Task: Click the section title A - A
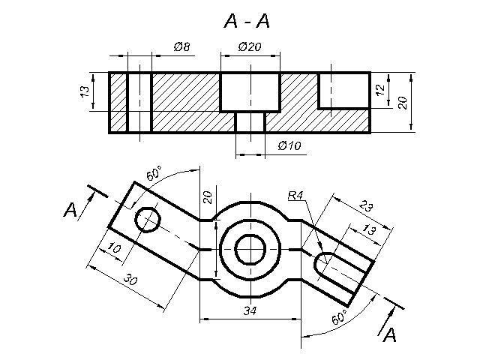pos(247,21)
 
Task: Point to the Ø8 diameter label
pos(181,46)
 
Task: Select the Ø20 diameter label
pos(250,46)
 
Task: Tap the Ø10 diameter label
pos(289,145)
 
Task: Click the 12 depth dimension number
pos(380,90)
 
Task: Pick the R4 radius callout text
pos(295,195)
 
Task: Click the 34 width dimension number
pos(250,311)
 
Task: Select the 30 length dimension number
pos(130,280)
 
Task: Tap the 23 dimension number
pos(365,205)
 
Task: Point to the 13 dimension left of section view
pos(85,91)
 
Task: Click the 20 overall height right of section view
pos(403,103)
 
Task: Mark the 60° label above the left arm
pos(153,173)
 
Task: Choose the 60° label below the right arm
pos(340,317)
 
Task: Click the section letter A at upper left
pos(70,210)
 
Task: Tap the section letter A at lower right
pos(390,334)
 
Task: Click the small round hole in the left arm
pos(148,220)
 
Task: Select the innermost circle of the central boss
pos(250,250)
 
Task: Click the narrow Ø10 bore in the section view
pos(250,121)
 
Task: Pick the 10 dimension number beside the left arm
pos(115,248)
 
